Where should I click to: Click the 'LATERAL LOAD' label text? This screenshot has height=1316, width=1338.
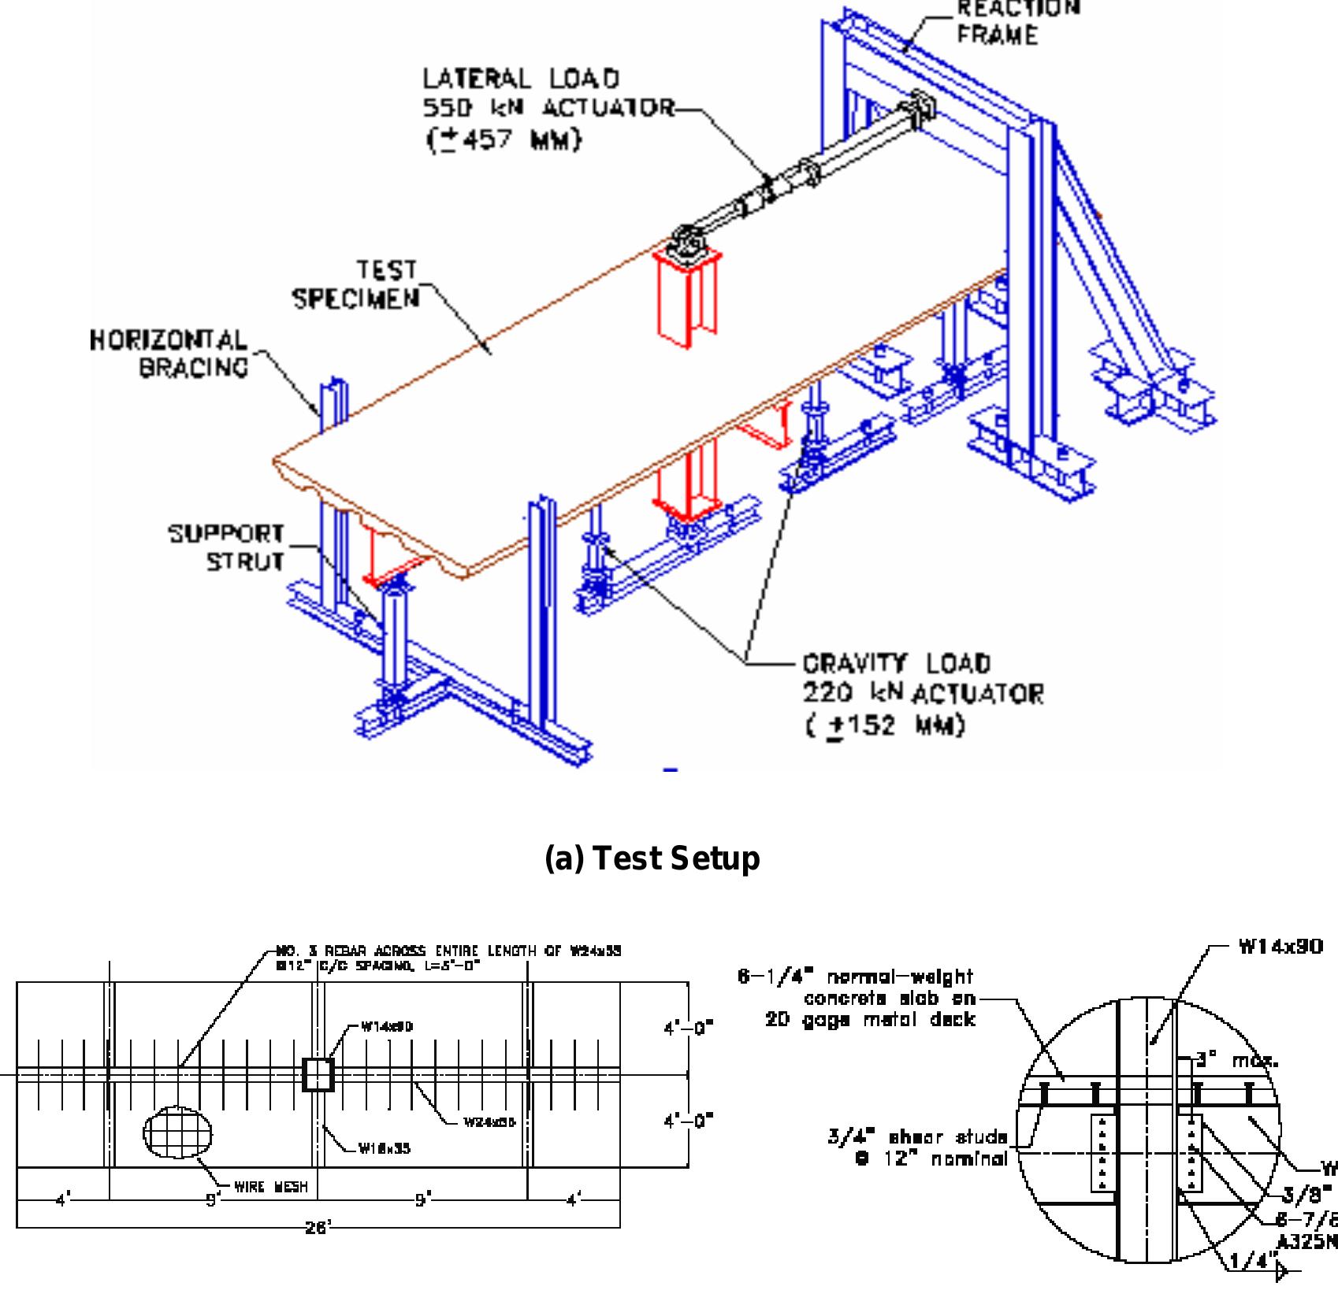tap(521, 79)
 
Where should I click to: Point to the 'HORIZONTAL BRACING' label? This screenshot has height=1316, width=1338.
tap(169, 354)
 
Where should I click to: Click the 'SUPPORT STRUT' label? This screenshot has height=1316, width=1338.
tap(227, 547)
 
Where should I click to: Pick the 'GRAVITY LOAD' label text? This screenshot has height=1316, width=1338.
tap(896, 663)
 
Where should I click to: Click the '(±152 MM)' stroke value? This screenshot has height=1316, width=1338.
tap(884, 725)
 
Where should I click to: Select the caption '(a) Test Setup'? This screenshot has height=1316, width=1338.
tap(652, 858)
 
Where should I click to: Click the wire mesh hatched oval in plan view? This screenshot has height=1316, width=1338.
tap(177, 1133)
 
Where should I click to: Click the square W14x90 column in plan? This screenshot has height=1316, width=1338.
tap(318, 1074)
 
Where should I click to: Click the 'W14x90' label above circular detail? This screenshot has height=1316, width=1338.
tap(1280, 947)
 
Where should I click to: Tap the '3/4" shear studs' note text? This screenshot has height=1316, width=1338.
tap(917, 1136)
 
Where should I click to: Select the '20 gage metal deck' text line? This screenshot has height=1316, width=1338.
tap(870, 1020)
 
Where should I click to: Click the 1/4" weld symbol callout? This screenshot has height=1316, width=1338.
tap(1253, 1282)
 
